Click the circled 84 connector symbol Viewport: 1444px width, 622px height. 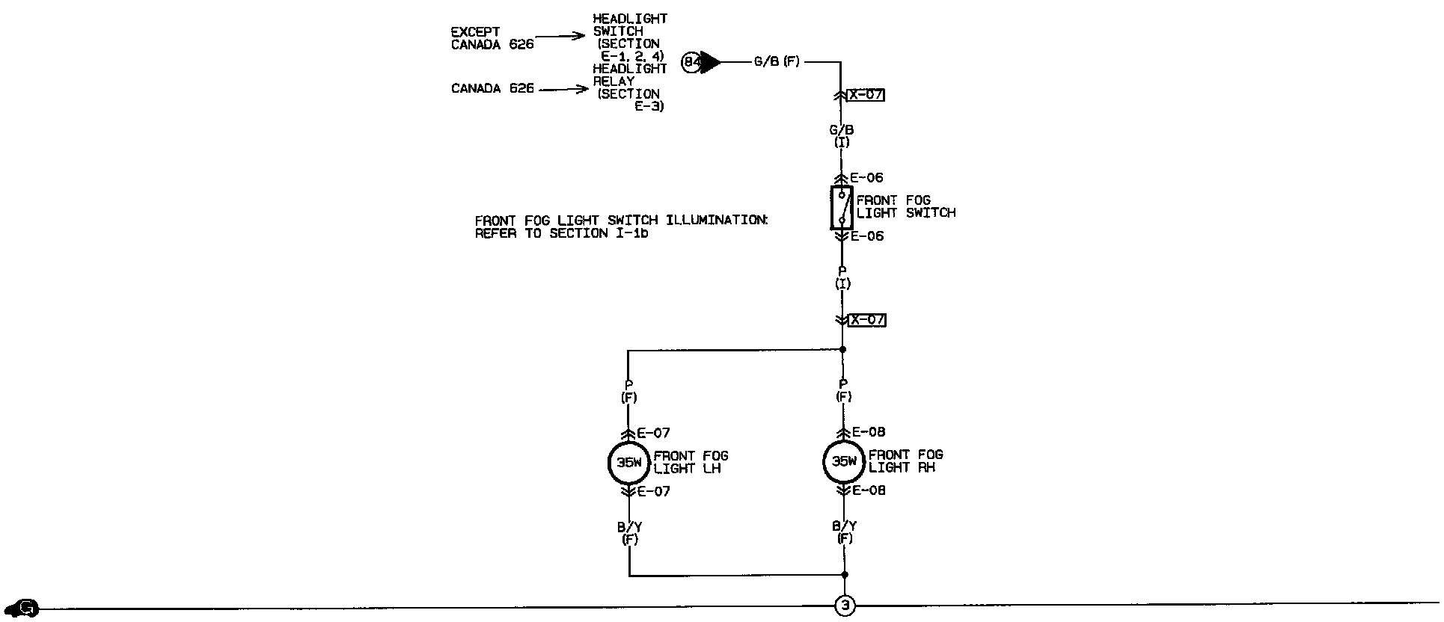(x=691, y=63)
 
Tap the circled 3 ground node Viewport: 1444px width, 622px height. (x=845, y=606)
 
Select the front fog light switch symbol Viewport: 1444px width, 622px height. (x=842, y=208)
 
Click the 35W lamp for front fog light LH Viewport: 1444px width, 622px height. (x=629, y=462)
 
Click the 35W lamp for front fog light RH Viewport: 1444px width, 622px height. (x=845, y=461)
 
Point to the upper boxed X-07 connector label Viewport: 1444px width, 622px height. (x=867, y=95)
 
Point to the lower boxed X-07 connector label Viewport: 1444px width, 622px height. (x=867, y=320)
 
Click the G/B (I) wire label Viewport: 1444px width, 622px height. (x=842, y=135)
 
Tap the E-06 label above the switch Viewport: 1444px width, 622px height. (x=866, y=178)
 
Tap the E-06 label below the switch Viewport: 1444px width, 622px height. (x=866, y=236)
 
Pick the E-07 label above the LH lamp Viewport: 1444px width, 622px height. (x=653, y=433)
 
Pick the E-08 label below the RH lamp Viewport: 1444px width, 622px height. (x=869, y=491)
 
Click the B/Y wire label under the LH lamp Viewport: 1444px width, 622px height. (x=630, y=532)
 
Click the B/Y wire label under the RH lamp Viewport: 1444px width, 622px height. (x=845, y=532)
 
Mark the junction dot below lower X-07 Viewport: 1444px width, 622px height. (x=843, y=349)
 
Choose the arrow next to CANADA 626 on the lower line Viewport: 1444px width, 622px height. (x=564, y=90)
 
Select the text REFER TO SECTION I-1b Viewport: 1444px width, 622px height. (x=561, y=233)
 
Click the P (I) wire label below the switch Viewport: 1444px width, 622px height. (x=842, y=277)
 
